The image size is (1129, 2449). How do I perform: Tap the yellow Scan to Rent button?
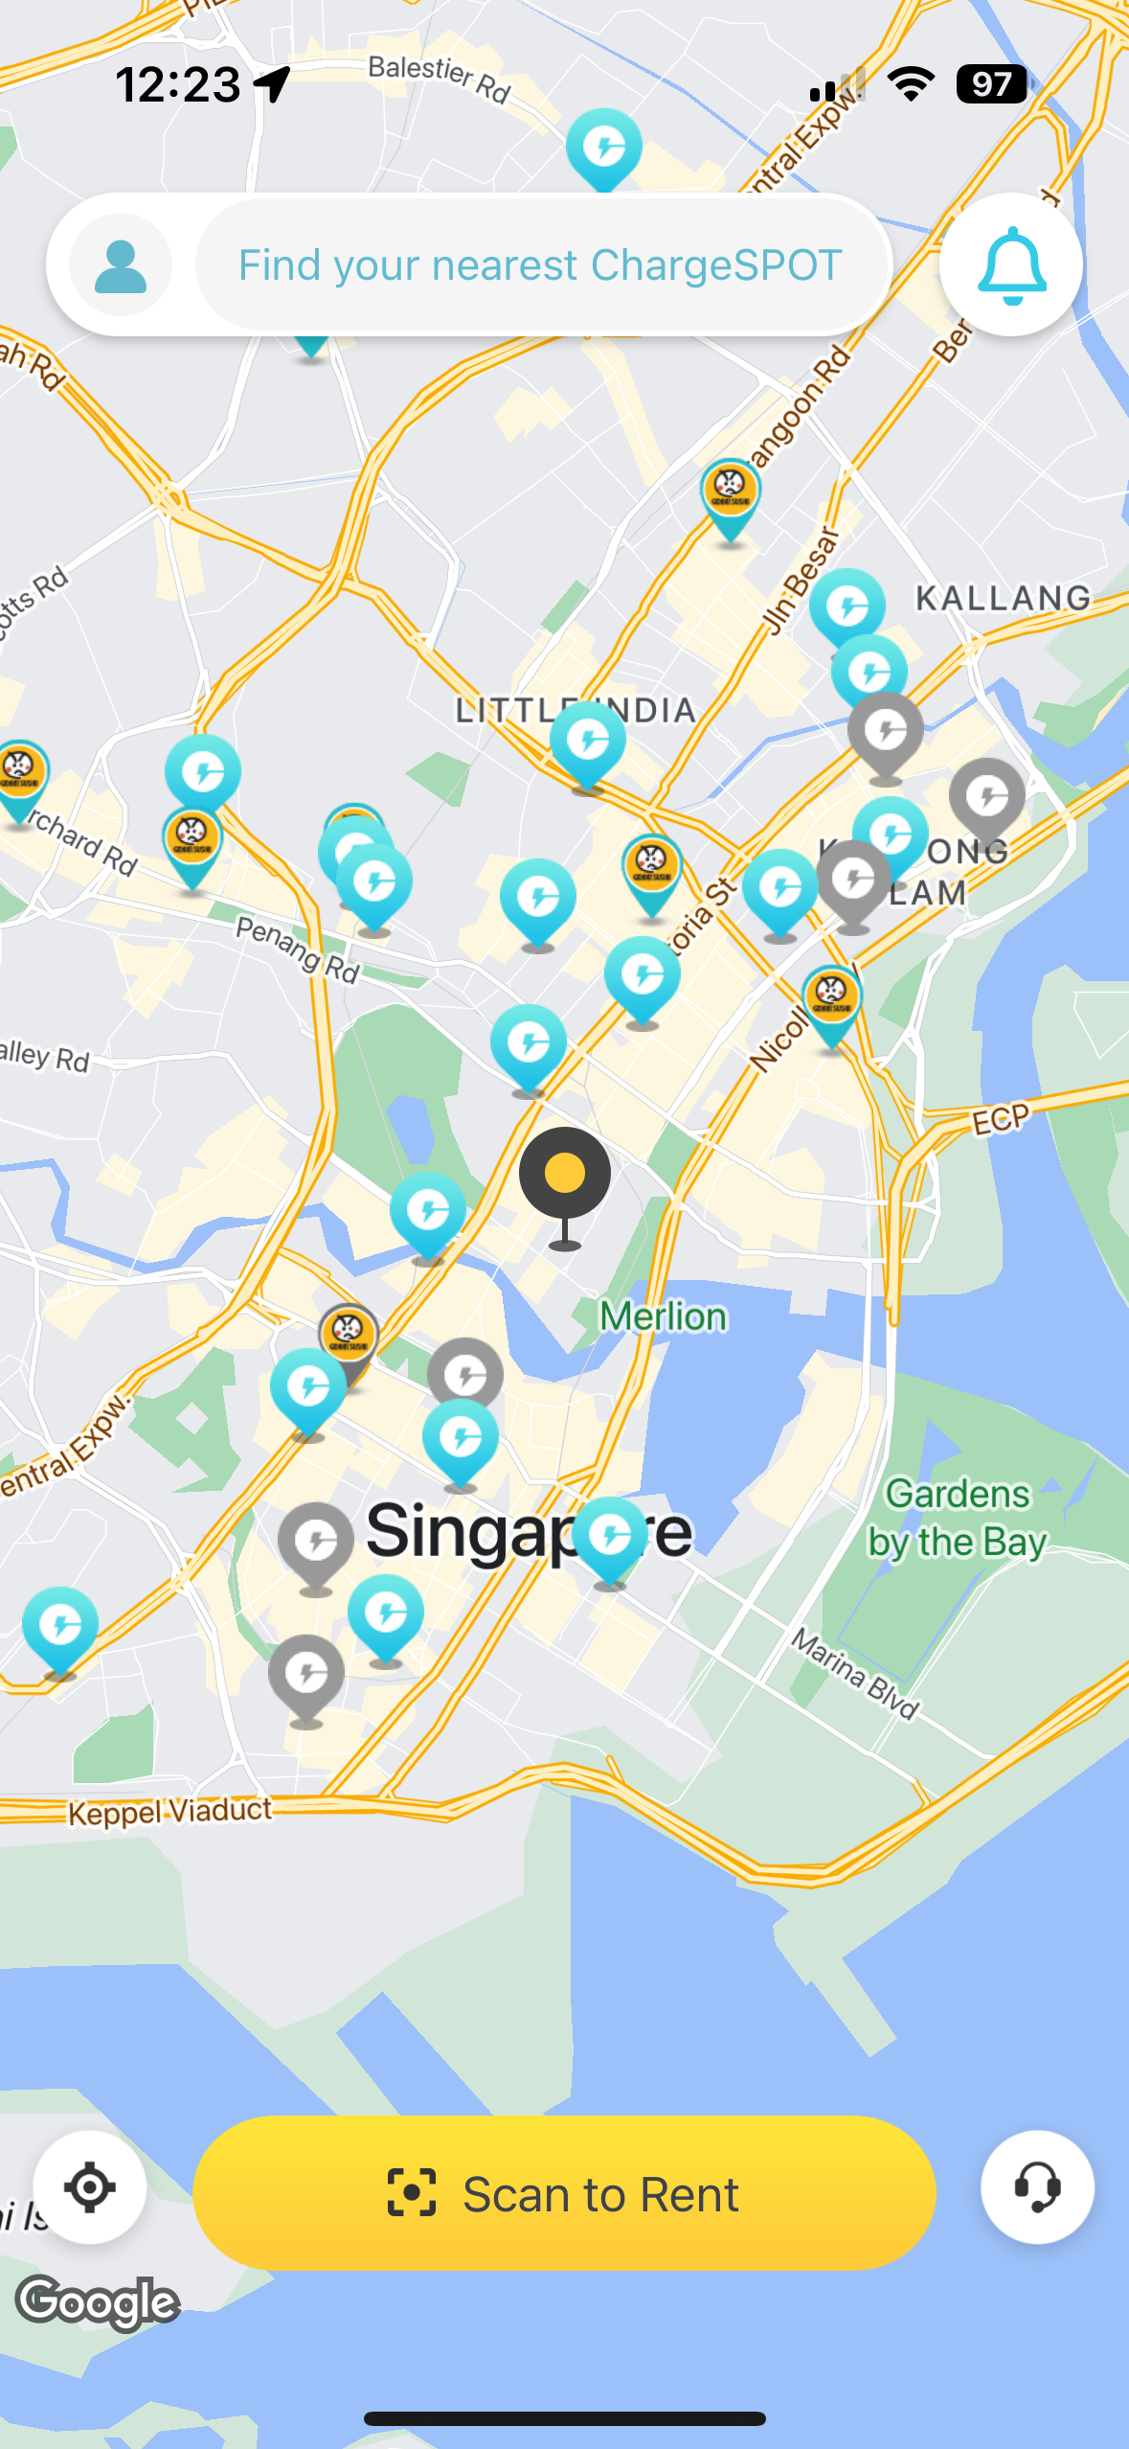coord(564,2193)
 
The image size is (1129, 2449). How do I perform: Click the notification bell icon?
coord(1011,265)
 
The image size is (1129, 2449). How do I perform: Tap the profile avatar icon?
coord(121,265)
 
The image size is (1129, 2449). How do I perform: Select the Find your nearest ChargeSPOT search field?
coord(541,265)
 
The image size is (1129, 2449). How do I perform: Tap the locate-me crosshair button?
coord(90,2187)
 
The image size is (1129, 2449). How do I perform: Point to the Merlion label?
coord(663,1316)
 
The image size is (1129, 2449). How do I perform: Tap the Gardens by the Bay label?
coord(957,1518)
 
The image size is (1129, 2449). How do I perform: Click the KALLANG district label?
coord(1003,598)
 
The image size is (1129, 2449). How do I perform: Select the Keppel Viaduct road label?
coord(170,1811)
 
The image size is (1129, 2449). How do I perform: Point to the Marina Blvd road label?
coord(855,1674)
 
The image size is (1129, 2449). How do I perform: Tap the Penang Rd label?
coord(297,949)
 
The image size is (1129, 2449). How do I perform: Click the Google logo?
coord(99,2301)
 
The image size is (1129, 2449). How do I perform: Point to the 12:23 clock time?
coord(178,84)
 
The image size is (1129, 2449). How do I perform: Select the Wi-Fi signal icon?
coord(911,84)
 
